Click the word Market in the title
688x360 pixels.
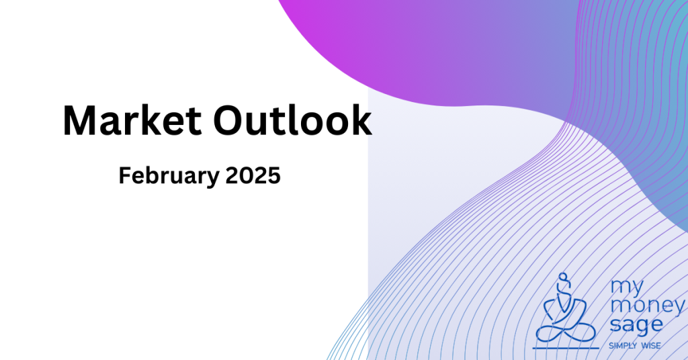coord(132,121)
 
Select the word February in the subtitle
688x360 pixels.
coord(169,176)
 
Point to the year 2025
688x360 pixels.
coord(253,175)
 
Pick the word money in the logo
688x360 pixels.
coord(647,306)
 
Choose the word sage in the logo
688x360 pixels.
coord(636,325)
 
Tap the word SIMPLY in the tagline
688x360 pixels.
coord(623,346)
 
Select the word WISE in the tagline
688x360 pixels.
coord(650,346)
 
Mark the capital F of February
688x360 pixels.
coord(124,175)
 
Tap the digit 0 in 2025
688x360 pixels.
coord(247,176)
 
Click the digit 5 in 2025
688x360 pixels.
coord(274,176)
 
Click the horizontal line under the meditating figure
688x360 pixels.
coord(566,349)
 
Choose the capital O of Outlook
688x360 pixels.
coord(230,121)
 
